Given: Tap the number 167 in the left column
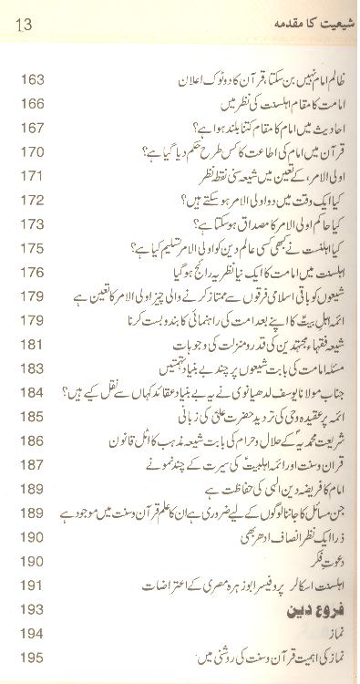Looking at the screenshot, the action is pos(32,127).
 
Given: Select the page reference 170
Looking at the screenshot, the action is pos(32,150).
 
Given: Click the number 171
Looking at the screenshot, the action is pos(32,174).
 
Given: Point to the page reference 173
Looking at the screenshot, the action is pos(32,222).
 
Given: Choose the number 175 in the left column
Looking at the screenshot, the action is pos(32,246).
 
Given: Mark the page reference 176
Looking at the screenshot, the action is pos(32,270).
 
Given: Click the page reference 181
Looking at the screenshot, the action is pos(32,343).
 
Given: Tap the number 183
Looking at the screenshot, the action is pos(32,367).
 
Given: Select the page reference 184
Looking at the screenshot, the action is pos(32,391).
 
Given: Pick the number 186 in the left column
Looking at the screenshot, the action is pos(32,440).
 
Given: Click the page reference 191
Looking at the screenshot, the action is pos(32,584).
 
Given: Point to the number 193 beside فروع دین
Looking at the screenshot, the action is pos(32,607).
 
